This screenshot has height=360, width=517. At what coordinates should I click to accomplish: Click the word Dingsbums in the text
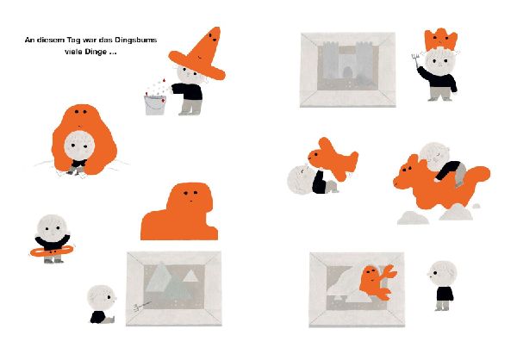tap(136, 40)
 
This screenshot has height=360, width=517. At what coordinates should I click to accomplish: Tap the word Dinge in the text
tap(96, 52)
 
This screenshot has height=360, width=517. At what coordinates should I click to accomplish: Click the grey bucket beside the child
tap(155, 104)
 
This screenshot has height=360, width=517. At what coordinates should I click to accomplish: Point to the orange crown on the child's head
tap(441, 40)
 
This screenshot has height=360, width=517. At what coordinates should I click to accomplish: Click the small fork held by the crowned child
tap(415, 60)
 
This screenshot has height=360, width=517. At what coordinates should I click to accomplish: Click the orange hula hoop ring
tap(52, 251)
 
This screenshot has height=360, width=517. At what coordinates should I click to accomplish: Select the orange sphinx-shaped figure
tap(181, 212)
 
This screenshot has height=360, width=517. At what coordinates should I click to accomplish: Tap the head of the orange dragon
tap(406, 174)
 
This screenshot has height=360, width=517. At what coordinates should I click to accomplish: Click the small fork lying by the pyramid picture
tap(142, 306)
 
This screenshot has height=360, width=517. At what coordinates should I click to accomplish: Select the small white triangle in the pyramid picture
tap(190, 276)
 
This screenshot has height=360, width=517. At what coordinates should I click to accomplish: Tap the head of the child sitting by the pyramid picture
tap(102, 298)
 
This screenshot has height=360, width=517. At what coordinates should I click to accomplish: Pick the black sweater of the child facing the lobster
tap(445, 294)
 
